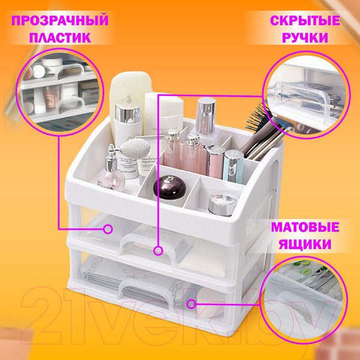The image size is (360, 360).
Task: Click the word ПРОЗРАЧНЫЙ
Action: pyautogui.click(x=60, y=21)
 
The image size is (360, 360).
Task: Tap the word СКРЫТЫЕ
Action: pyautogui.click(x=304, y=21)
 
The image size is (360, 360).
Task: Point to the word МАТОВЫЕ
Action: pyautogui.click(x=305, y=228)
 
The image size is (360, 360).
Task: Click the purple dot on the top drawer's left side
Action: pyautogui.click(x=109, y=229)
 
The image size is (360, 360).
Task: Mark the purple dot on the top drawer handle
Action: pyautogui.click(x=157, y=249)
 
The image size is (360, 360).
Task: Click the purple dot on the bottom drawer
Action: pyautogui.click(x=191, y=304)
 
